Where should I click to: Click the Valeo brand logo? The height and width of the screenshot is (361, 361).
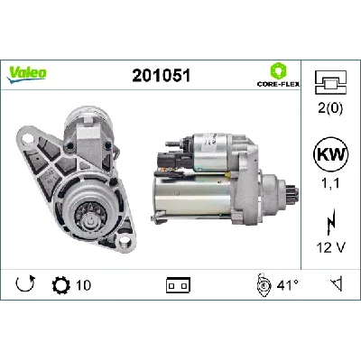[x=28, y=72]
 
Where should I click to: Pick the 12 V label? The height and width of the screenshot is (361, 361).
[x=331, y=246]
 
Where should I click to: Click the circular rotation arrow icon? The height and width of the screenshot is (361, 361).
[x=25, y=286]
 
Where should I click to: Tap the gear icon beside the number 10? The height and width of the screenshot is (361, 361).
[x=61, y=286]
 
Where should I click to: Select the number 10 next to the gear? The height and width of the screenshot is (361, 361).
[x=83, y=286]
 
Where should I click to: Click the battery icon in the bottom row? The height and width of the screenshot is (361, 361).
[x=176, y=286]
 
